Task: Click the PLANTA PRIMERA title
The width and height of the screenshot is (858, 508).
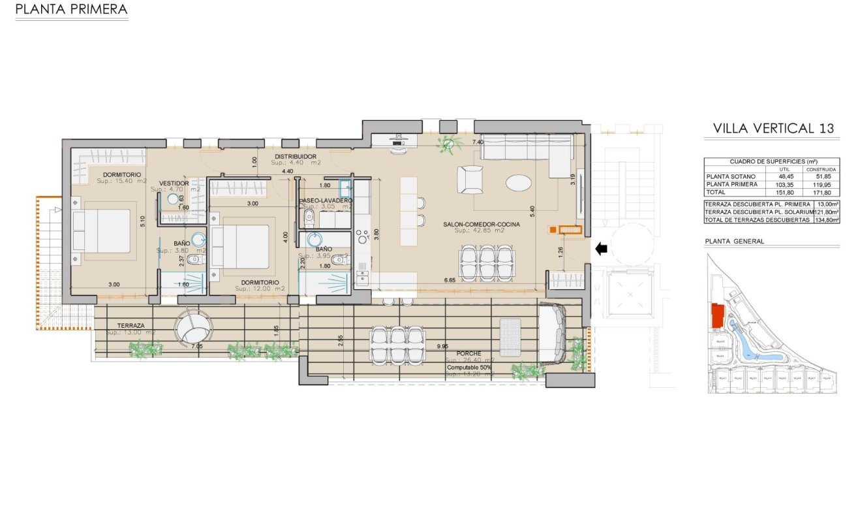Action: pos(71,10)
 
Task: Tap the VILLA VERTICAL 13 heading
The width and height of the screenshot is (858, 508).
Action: pos(773,129)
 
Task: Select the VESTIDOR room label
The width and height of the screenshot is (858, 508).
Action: pos(174,183)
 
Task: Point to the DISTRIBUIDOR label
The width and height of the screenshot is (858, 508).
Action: pos(295,157)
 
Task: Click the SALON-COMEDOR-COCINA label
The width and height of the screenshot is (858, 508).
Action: pos(481,225)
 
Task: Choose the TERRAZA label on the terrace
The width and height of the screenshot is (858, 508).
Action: pos(130,325)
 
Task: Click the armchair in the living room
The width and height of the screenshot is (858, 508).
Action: pos(470,179)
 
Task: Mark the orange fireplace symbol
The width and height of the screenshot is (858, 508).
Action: pos(565,229)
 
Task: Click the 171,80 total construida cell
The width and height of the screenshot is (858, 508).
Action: pos(821,193)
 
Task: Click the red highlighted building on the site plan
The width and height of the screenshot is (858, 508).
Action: pos(717,316)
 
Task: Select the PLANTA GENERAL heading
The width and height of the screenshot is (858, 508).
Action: pos(735,241)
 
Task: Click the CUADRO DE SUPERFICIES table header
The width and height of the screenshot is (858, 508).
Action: pos(772,161)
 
